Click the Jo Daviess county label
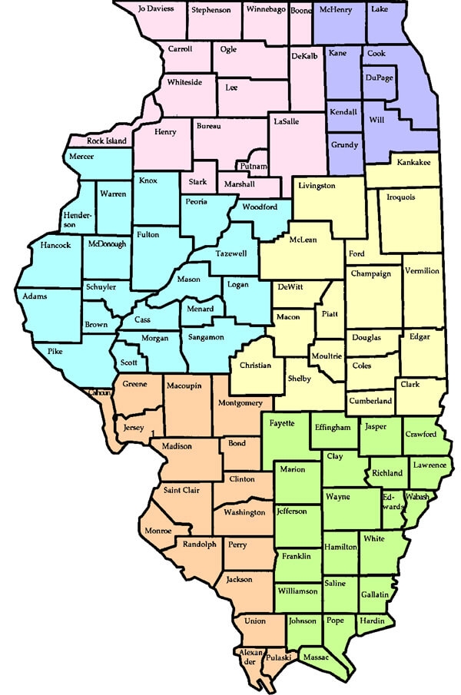click(x=155, y=9)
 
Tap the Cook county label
click(x=376, y=54)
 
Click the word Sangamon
click(x=205, y=337)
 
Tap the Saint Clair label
click(x=181, y=490)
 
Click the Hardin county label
click(x=372, y=621)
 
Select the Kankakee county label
click(x=413, y=163)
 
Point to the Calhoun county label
click(x=100, y=393)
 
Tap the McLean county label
click(x=303, y=239)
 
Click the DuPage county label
click(x=379, y=78)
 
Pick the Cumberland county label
click(x=371, y=401)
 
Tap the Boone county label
click(x=300, y=9)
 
